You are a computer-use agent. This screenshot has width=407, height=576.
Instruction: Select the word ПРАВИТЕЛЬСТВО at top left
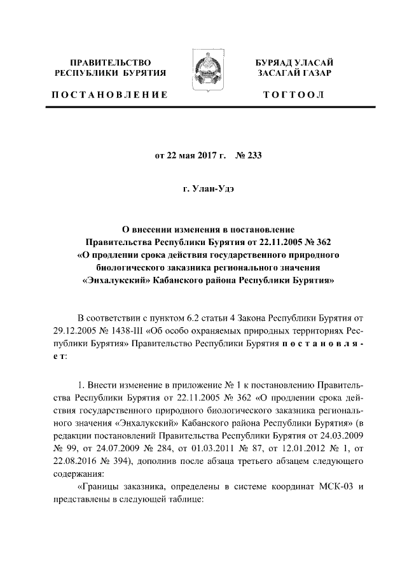coord(110,63)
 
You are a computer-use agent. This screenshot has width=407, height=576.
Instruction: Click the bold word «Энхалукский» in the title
coord(118,279)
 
